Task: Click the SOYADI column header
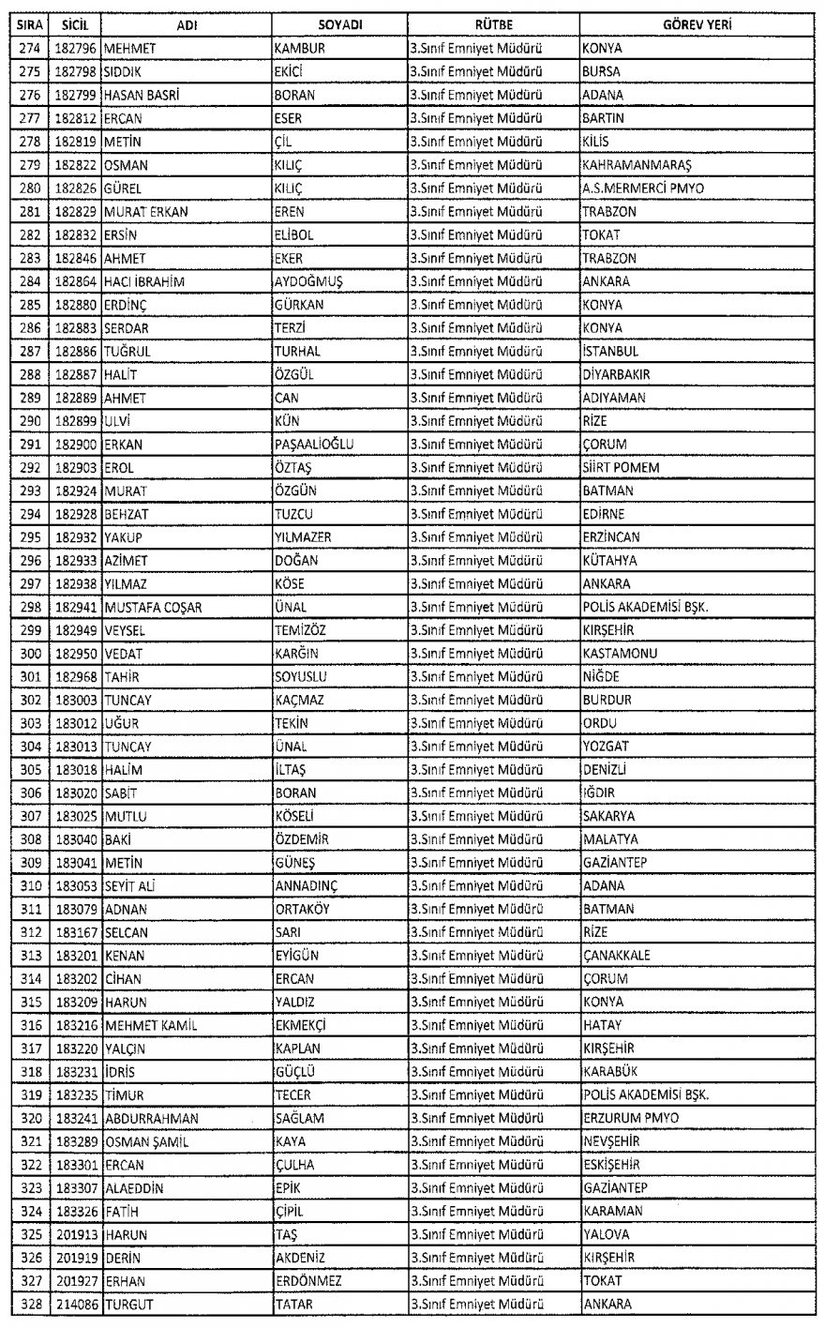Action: coord(339,24)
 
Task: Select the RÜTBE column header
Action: coord(493,24)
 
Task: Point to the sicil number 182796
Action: coord(74,48)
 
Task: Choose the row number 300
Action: coord(25,653)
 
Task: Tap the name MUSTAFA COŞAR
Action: coord(153,607)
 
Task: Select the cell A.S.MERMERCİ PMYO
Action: coord(643,188)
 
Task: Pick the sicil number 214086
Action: coord(74,1305)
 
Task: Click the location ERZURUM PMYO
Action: coord(631,1118)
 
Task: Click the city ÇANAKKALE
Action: coord(616,955)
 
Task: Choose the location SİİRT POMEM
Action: coord(621,467)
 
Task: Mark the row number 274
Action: coord(25,48)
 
